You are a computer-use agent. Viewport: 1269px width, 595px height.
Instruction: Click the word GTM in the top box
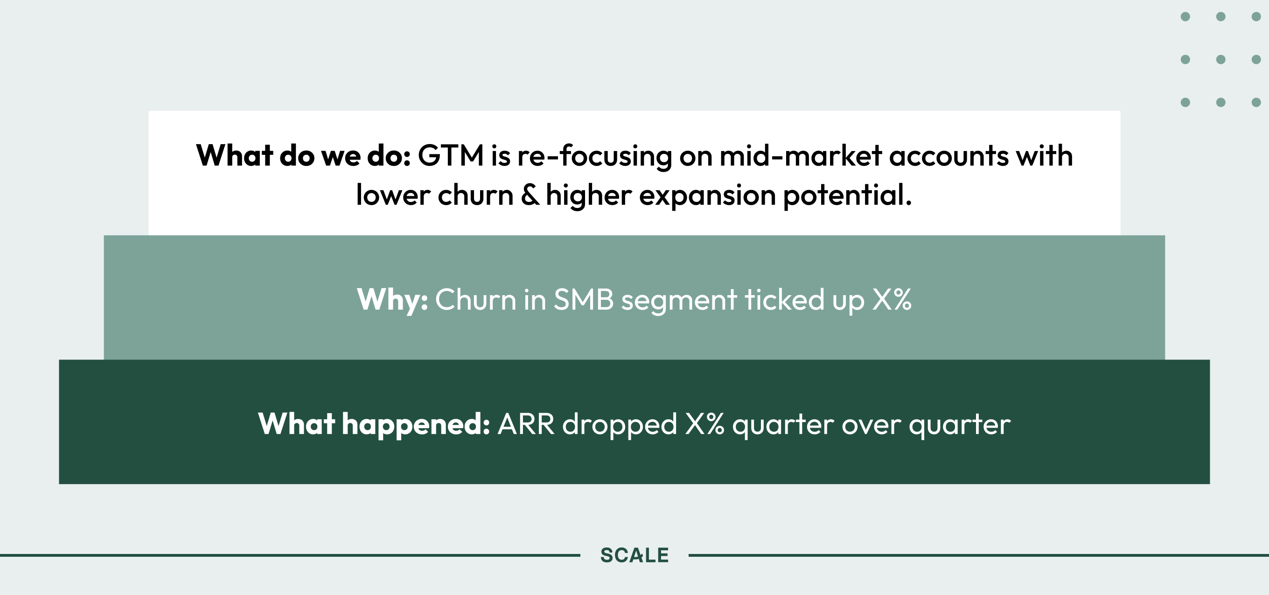[x=451, y=156]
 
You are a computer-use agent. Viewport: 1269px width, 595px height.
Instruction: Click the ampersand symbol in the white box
[x=530, y=195]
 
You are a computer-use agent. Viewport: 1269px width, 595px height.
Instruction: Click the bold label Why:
[x=392, y=300]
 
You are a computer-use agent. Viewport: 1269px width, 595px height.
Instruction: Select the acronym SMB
[x=584, y=299]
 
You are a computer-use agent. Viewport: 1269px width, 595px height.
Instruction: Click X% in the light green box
[x=892, y=299]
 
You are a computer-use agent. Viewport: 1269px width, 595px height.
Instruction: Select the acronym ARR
[x=526, y=424]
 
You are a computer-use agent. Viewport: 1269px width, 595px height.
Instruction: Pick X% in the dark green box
[x=704, y=424]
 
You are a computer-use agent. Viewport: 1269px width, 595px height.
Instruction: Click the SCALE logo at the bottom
[x=634, y=555]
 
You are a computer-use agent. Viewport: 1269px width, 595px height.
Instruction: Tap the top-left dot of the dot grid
[x=1185, y=17]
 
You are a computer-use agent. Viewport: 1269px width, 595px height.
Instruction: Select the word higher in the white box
[x=589, y=195]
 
